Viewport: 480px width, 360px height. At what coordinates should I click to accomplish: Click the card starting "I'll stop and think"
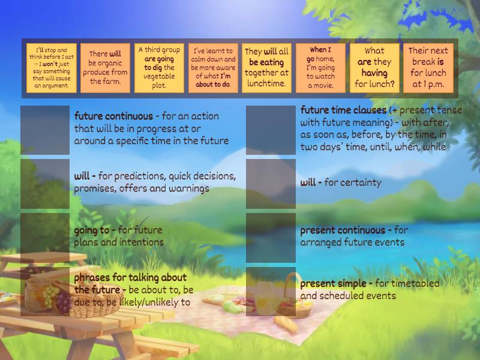coord(51,68)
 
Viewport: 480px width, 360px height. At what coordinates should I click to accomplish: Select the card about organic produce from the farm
coord(104,68)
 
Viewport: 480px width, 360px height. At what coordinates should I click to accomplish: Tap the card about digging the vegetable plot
coord(158,68)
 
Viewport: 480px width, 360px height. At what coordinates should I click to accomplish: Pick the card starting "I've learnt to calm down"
coord(212,68)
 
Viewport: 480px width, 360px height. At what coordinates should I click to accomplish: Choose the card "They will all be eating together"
coord(266,68)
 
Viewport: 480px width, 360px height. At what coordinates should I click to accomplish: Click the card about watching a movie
coord(320,68)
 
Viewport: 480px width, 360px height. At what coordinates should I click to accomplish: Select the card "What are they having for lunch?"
coord(374,68)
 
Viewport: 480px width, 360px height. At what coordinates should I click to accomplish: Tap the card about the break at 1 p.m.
coord(428,68)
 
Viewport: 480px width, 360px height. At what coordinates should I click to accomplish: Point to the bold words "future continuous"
coord(113,116)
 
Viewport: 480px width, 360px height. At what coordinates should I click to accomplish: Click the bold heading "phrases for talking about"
coord(130,277)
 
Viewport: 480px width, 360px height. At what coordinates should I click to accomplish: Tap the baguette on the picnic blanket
coord(286,324)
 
